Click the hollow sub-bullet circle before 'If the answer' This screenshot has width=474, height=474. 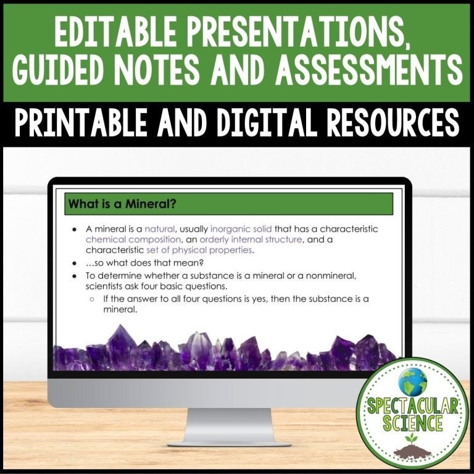[x=91, y=299]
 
